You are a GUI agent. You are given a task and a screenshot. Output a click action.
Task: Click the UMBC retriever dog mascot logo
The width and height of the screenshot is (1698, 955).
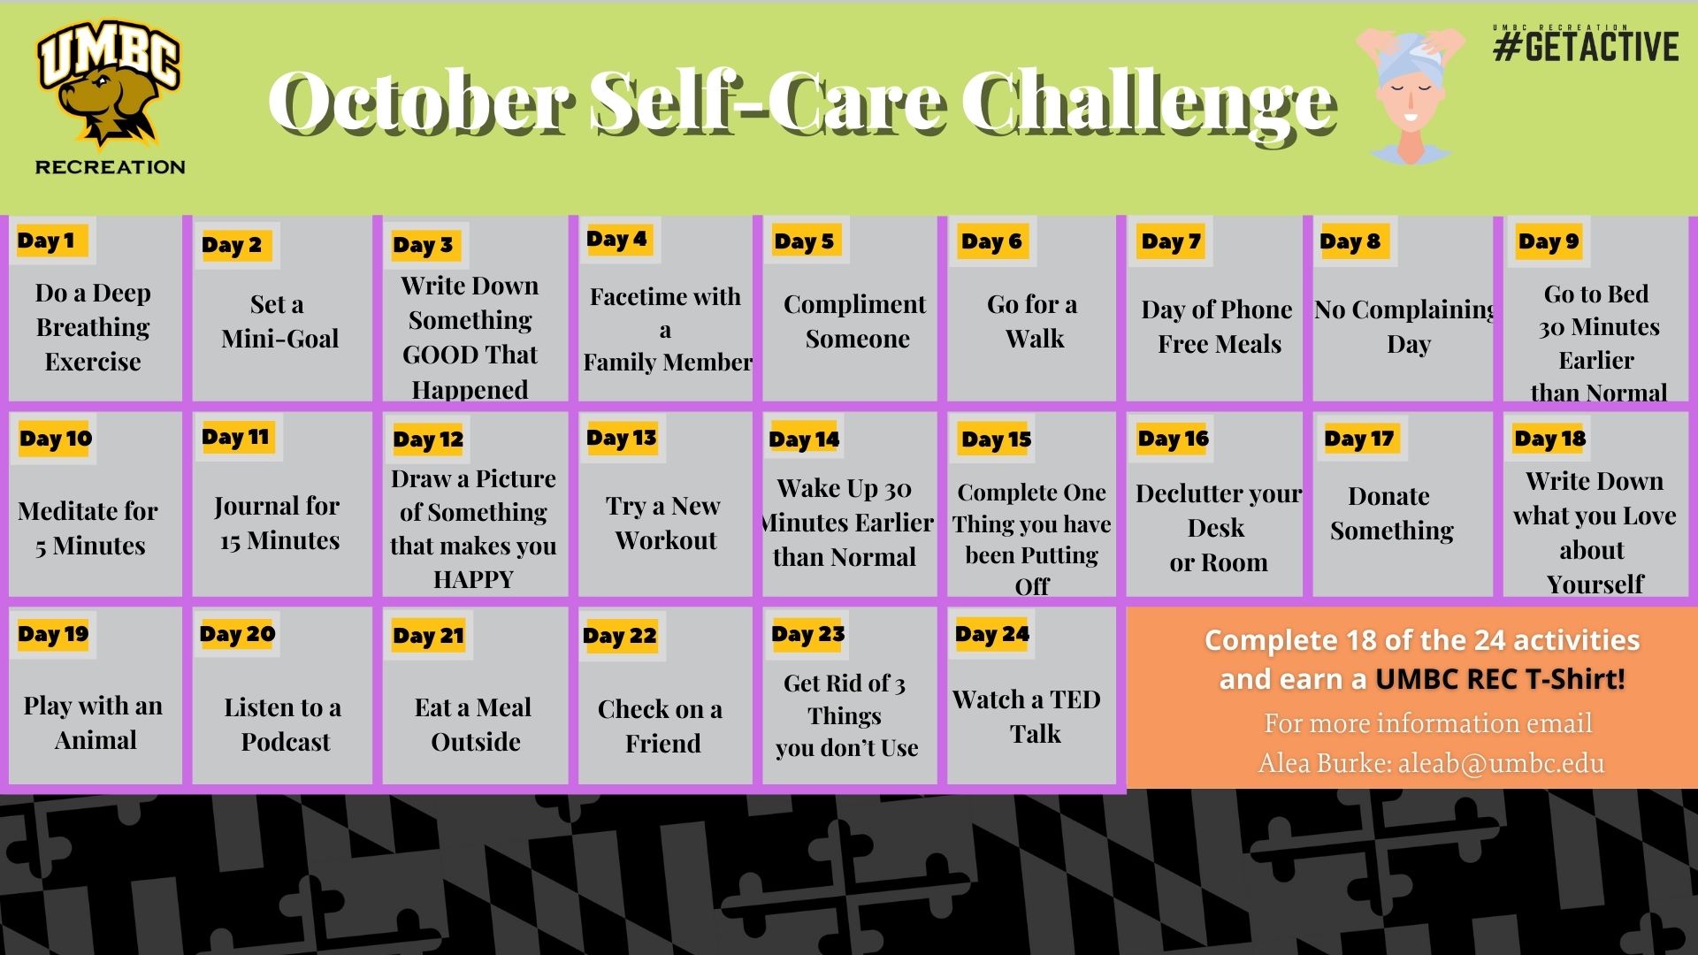click(x=109, y=84)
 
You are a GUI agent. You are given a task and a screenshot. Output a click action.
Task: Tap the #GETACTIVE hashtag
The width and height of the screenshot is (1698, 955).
click(x=1586, y=46)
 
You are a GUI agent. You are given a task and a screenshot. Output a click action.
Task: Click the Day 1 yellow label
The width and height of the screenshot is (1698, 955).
click(x=47, y=241)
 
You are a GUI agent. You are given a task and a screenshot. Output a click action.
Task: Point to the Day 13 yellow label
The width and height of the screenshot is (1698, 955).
click(x=622, y=438)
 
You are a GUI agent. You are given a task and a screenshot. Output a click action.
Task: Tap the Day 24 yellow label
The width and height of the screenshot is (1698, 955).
click(x=992, y=634)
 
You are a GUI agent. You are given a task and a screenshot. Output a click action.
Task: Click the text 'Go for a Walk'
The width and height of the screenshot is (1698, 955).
click(x=1033, y=321)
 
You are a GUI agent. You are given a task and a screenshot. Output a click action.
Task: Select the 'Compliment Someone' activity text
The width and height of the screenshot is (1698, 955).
click(x=855, y=321)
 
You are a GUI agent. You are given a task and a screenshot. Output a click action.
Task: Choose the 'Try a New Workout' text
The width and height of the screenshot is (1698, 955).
click(x=664, y=523)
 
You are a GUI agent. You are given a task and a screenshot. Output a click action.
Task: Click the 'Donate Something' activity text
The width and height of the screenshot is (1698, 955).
click(x=1391, y=513)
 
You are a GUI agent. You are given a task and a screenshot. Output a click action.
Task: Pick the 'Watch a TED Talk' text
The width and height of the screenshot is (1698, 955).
click(x=1028, y=716)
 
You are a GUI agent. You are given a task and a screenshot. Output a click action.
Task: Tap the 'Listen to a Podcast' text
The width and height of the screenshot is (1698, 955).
click(x=283, y=724)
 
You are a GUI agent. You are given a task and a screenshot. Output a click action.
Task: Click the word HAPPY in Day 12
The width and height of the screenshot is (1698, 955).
click(x=473, y=579)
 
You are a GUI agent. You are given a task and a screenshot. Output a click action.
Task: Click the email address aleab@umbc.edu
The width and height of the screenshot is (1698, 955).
click(x=1501, y=763)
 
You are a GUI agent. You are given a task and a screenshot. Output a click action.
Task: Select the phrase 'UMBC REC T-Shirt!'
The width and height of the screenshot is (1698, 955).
click(x=1501, y=679)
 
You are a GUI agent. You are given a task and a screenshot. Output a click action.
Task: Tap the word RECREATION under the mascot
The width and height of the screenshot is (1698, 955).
click(x=111, y=166)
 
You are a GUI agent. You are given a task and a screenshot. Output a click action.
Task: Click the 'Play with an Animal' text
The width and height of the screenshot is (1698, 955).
click(x=94, y=722)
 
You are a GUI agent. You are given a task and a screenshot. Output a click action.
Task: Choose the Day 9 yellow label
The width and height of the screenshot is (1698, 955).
click(x=1548, y=241)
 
